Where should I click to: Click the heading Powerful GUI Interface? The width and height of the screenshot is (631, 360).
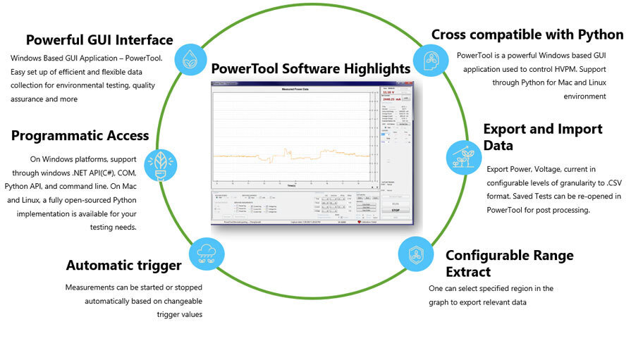coord(99,39)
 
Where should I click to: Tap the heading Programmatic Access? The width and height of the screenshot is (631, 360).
coord(80,136)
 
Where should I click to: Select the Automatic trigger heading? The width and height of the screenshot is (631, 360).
coord(123,266)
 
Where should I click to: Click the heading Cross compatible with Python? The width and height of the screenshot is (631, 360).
coord(527,35)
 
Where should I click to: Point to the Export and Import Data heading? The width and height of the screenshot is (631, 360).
coord(542,137)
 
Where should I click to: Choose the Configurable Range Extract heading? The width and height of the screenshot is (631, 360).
coord(509,263)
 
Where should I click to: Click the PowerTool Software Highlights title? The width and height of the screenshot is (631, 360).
coord(311,68)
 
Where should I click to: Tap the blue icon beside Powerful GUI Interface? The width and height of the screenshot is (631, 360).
coord(190,61)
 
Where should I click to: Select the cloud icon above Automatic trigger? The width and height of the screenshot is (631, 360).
coord(207,254)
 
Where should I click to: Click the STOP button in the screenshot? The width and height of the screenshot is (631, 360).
coord(395,209)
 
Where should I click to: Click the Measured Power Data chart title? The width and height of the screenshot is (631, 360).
coord(290,91)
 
